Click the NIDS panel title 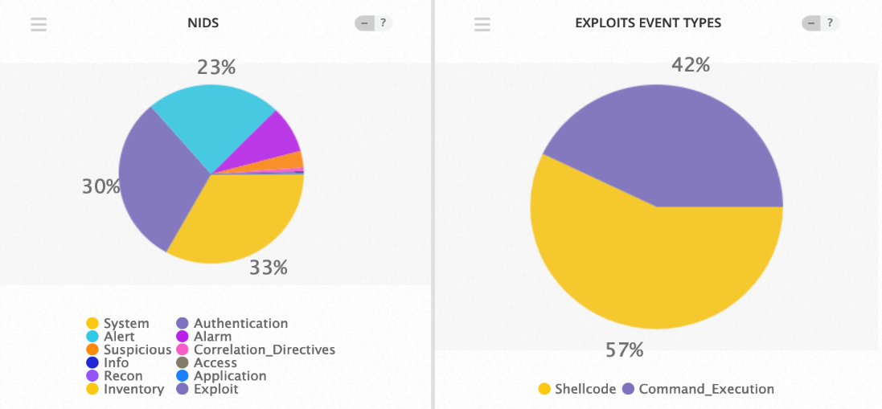click(x=203, y=23)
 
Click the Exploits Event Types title click(x=648, y=23)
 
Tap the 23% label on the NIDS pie click(x=216, y=67)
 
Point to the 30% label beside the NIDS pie click(x=101, y=186)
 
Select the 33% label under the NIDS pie click(x=268, y=268)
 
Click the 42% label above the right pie click(x=691, y=65)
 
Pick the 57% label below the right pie click(x=625, y=350)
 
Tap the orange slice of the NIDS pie click(x=290, y=160)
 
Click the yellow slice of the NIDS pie click(x=241, y=217)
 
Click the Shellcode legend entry click(x=577, y=389)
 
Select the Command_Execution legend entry click(x=697, y=389)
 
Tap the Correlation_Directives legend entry click(x=256, y=350)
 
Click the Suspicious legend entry click(x=129, y=350)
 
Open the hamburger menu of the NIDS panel click(x=39, y=24)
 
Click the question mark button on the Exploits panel click(x=830, y=23)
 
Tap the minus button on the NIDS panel click(x=365, y=23)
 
